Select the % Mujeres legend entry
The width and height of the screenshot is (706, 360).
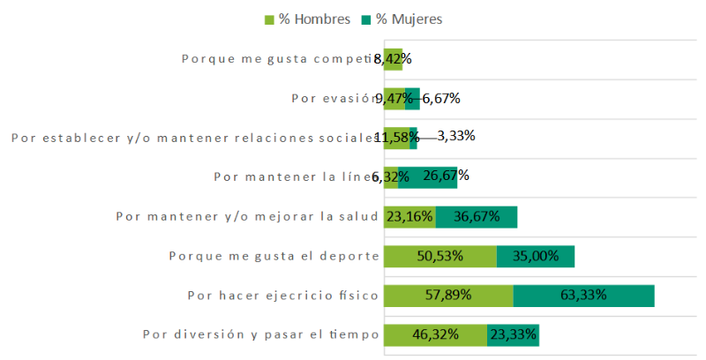(x=402, y=19)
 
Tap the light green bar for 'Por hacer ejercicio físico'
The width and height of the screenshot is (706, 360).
(x=448, y=296)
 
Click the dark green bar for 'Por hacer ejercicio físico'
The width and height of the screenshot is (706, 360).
(x=583, y=296)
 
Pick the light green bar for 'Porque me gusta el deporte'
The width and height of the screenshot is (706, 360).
(x=439, y=256)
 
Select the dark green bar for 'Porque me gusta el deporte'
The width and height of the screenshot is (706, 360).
(x=535, y=256)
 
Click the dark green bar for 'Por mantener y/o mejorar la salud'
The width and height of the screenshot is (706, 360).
(x=477, y=217)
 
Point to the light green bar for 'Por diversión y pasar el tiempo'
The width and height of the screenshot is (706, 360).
(x=435, y=335)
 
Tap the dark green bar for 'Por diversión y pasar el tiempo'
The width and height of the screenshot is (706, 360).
(x=513, y=335)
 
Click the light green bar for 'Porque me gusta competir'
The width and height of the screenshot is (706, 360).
(x=393, y=59)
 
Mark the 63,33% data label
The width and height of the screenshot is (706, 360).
(x=583, y=296)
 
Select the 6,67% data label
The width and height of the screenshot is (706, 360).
(x=441, y=98)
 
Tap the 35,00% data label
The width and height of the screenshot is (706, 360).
(x=534, y=256)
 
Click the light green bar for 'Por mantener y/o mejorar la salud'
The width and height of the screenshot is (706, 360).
(x=409, y=217)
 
